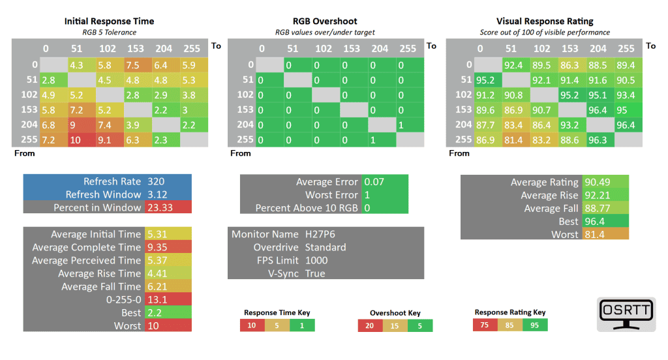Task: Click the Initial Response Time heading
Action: point(109,21)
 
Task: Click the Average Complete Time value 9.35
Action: point(159,247)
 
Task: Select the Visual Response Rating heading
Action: point(544,21)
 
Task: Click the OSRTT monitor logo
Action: point(626,314)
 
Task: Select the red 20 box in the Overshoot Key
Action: point(370,325)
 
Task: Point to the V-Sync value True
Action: point(315,273)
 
